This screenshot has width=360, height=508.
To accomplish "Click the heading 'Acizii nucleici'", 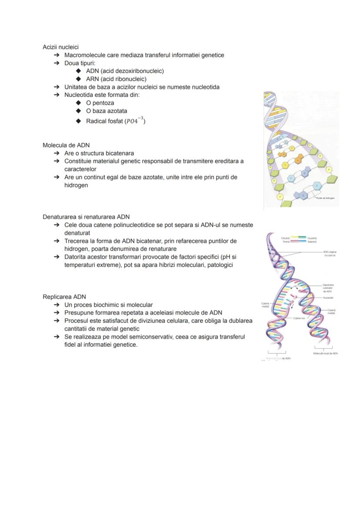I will tap(60, 47).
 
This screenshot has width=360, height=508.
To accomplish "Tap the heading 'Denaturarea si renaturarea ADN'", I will tap(86, 217).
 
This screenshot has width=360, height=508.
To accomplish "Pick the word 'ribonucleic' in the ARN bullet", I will tap(131, 79).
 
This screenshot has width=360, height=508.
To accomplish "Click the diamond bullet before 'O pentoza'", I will tap(78, 103).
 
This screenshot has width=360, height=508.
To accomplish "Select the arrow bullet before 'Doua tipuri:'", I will tap(57, 63).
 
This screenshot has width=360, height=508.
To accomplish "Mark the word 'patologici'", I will tap(219, 265).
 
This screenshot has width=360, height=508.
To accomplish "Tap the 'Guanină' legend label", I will tap(312, 238).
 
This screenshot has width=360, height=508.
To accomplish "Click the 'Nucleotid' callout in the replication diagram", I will tap(328, 298).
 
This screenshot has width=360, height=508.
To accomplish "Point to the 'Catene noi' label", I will tap(299, 319).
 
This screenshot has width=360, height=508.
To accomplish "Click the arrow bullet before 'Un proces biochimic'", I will tap(57, 305).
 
